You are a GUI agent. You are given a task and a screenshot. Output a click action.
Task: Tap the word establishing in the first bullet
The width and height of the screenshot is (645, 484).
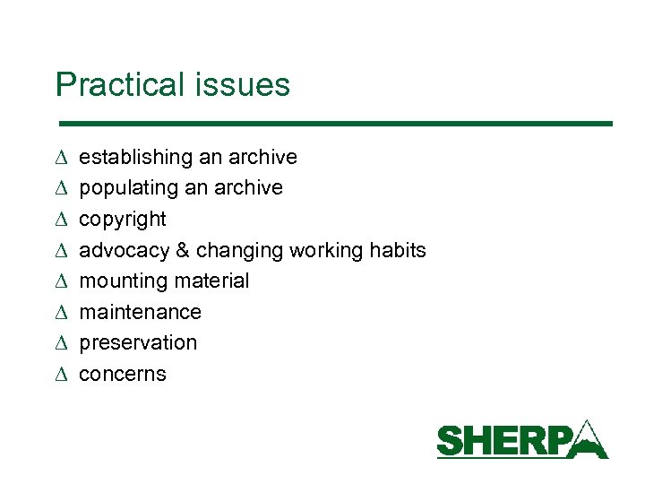(136, 157)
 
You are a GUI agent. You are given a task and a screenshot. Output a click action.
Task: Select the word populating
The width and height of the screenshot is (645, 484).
(129, 188)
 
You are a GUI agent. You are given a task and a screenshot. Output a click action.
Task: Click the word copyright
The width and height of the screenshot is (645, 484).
(123, 220)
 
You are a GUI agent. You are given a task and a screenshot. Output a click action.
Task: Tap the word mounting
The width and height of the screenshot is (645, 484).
(119, 281)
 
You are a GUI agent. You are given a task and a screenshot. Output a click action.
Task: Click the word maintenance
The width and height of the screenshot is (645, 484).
(141, 312)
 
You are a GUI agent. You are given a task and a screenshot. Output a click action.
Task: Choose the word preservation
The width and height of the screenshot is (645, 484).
(138, 342)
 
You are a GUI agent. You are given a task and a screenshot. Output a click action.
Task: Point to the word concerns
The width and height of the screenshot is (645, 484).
(123, 374)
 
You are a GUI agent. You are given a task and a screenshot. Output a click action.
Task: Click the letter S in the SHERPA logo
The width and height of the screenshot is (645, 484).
(450, 442)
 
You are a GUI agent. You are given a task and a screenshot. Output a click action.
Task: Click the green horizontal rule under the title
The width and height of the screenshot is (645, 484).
(334, 123)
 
